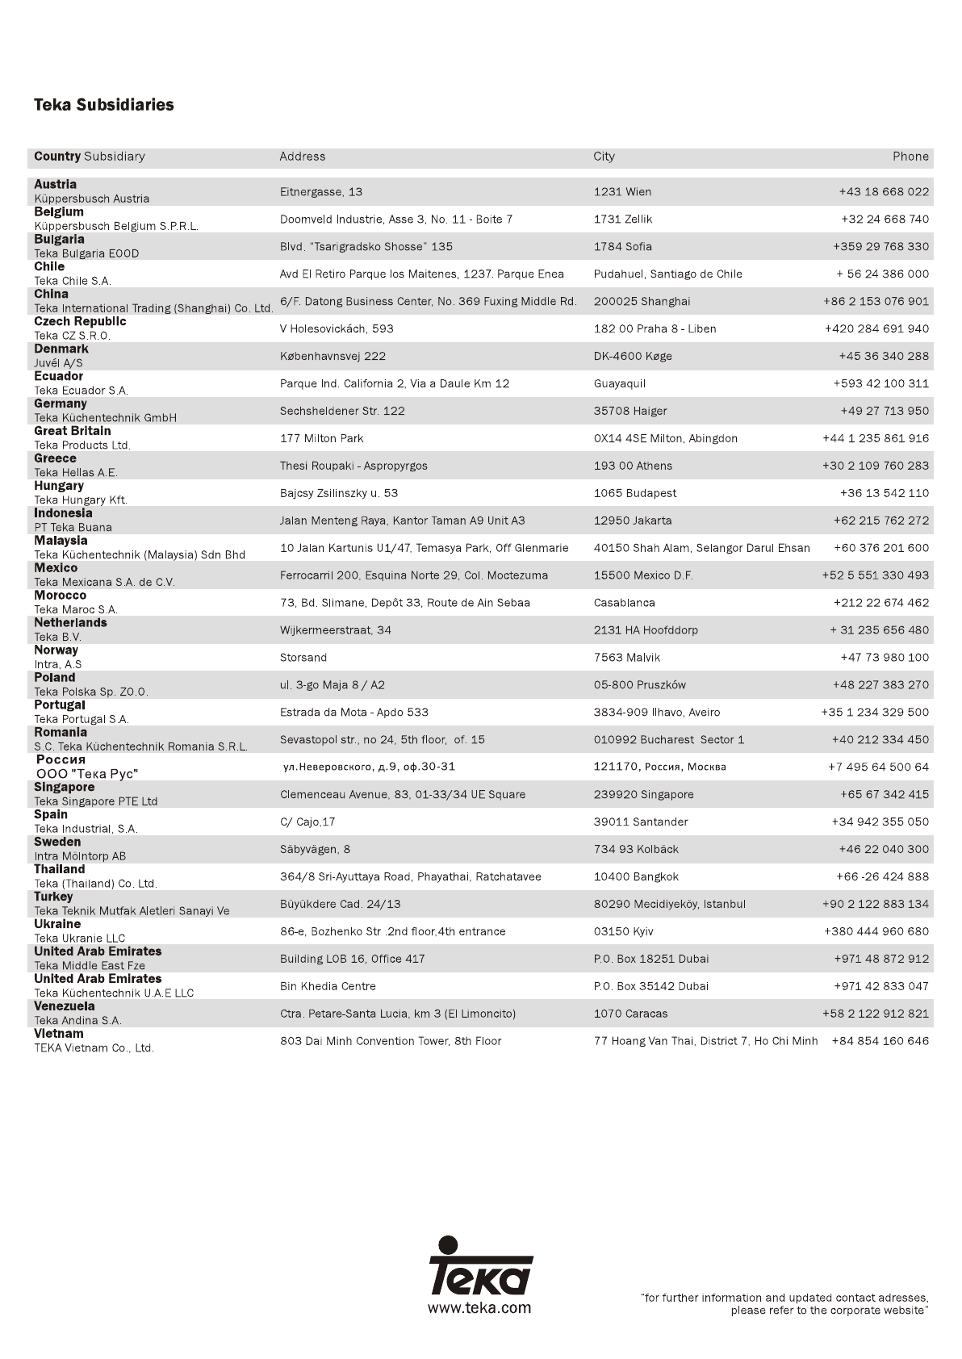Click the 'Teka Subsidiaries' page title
click(x=103, y=105)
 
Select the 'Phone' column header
click(x=910, y=157)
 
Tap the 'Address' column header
click(x=303, y=157)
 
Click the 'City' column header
click(x=604, y=157)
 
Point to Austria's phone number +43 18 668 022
click(x=884, y=192)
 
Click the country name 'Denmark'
click(x=61, y=349)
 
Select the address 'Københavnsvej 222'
click(x=333, y=356)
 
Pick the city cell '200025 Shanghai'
click(x=642, y=302)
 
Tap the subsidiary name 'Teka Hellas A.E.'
click(x=76, y=473)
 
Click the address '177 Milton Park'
click(x=321, y=438)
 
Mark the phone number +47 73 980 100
click(x=885, y=658)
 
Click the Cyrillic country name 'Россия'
click(x=61, y=760)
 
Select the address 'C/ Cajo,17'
click(x=307, y=822)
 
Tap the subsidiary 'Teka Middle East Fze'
click(x=90, y=966)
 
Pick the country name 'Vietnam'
click(x=58, y=1034)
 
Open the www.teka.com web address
click(x=479, y=1308)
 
